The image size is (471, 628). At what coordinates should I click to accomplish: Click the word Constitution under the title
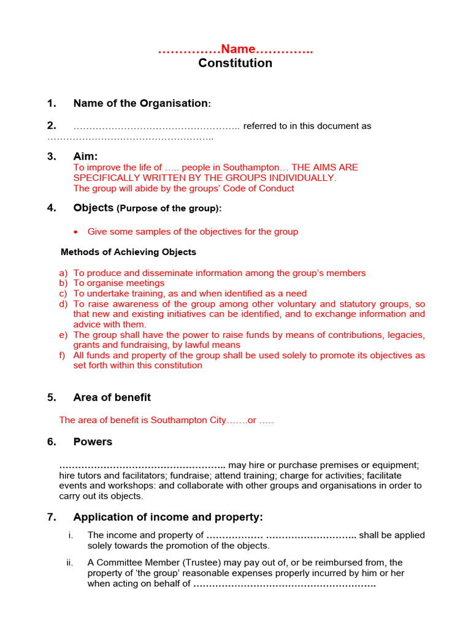pyautogui.click(x=235, y=63)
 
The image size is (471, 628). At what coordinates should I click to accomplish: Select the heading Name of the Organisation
pyautogui.click(x=140, y=103)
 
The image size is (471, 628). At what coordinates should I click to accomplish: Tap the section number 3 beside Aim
pyautogui.click(x=52, y=157)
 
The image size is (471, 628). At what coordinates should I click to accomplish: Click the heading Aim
pyautogui.click(x=85, y=157)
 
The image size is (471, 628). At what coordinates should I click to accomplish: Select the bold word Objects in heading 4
pyautogui.click(x=93, y=208)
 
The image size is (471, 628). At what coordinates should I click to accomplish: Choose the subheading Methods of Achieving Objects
pyautogui.click(x=128, y=252)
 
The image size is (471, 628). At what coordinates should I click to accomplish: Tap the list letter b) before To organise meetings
pyautogui.click(x=63, y=283)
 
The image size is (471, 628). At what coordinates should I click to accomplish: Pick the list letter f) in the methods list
pyautogui.click(x=63, y=355)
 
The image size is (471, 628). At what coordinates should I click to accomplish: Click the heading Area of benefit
pyautogui.click(x=112, y=397)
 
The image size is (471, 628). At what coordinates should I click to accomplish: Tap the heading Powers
pyautogui.click(x=93, y=442)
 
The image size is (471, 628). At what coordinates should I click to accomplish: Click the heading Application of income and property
pyautogui.click(x=168, y=517)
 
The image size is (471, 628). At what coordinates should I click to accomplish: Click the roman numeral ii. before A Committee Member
pyautogui.click(x=70, y=562)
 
